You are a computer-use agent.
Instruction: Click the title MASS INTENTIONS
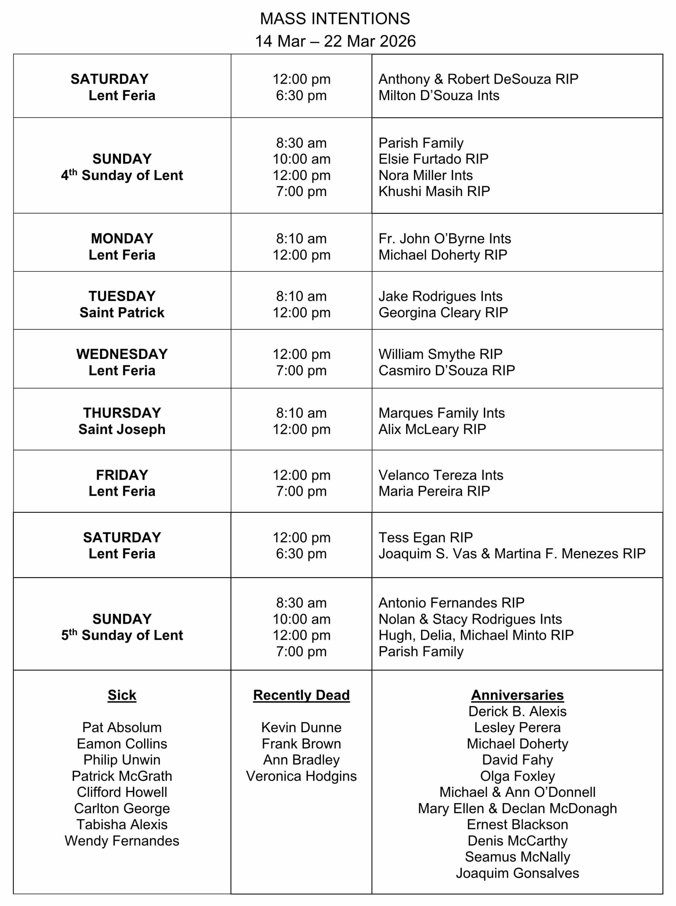point(335,19)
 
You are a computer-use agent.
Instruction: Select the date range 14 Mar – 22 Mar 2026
point(335,41)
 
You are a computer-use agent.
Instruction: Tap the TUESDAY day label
point(122,296)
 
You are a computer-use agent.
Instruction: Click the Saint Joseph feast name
point(122,429)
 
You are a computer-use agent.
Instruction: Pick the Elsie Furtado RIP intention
point(433,159)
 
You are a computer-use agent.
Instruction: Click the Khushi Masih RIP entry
point(434,191)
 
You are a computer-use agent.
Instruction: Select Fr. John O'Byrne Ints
point(445,239)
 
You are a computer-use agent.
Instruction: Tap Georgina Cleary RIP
point(443,313)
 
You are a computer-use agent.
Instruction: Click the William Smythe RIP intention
point(440,354)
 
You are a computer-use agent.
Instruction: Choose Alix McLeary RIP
point(432,429)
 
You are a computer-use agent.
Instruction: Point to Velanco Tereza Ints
point(441,475)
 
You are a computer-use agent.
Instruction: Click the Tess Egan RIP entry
point(426,537)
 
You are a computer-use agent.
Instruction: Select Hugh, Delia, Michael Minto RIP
point(476,635)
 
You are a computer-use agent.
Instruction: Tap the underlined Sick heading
point(122,695)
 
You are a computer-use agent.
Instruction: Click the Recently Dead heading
point(301,695)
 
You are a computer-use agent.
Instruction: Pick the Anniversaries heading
point(517,695)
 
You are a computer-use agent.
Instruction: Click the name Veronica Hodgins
point(301,776)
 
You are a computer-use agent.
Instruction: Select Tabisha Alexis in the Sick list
point(122,825)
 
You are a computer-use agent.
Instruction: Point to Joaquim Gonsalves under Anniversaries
point(517,873)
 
